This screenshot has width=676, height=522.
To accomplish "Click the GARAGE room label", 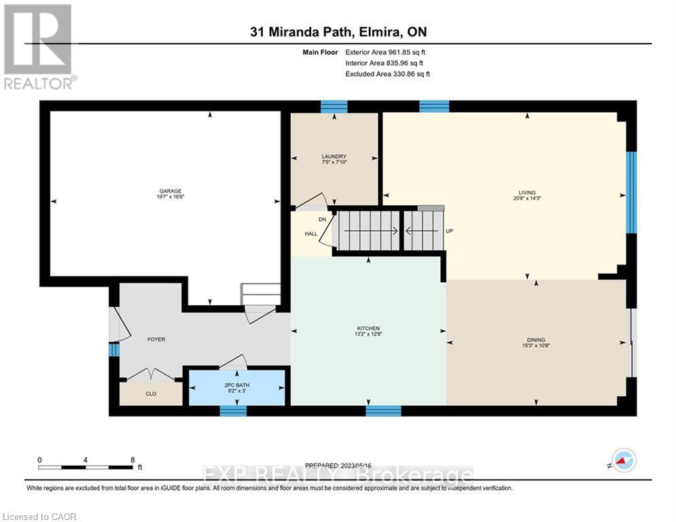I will tap(171, 191).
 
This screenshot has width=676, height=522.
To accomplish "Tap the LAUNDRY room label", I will tap(334, 156).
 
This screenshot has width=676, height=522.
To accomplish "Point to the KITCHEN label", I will tap(368, 328).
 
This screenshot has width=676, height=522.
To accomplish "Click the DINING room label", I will tap(535, 340).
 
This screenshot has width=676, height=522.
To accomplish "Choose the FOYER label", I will tap(156, 339).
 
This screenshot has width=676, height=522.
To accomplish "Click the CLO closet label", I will tap(150, 393).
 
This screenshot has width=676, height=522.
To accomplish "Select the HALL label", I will tap(311, 233).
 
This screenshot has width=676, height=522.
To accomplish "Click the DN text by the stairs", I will tap(323, 219).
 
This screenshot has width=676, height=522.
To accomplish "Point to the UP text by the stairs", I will tap(449, 231).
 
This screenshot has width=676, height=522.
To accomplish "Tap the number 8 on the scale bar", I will tap(132, 459).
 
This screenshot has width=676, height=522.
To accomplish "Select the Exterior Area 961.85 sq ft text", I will tap(387, 52).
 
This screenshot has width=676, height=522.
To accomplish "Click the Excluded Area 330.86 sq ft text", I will tap(387, 74).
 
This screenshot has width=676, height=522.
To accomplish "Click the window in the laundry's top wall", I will tap(334, 106).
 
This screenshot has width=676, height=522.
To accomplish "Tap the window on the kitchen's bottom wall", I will tap(383, 411).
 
